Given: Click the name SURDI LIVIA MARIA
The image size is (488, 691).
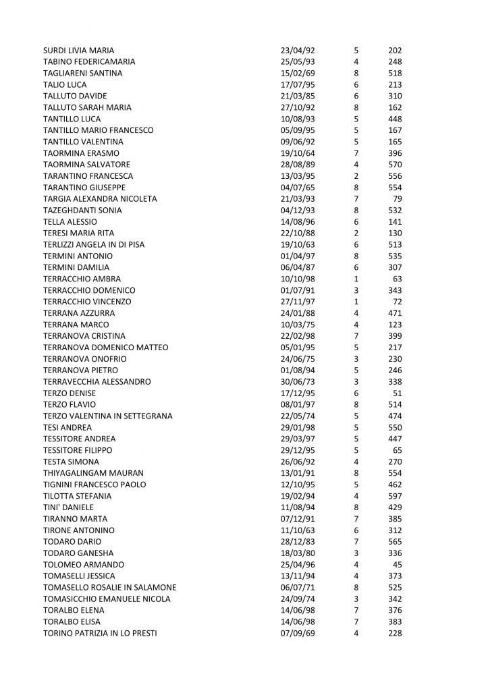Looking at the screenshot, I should click(x=78, y=50).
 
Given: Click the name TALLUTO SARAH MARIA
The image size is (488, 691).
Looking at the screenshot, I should click(x=87, y=107).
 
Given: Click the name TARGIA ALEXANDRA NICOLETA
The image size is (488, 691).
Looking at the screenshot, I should click(x=100, y=198).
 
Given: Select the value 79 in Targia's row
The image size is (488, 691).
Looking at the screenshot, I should click(x=398, y=198).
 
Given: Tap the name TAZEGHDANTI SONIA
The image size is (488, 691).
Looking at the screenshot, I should click(x=82, y=210).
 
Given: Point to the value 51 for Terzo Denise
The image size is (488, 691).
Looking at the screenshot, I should click(x=398, y=393).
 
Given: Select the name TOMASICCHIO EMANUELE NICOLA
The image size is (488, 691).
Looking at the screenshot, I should click(x=107, y=599).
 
